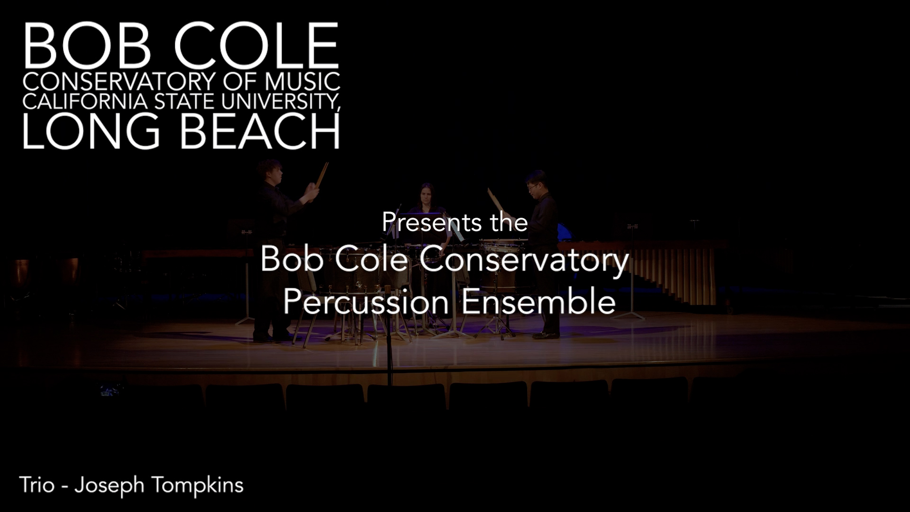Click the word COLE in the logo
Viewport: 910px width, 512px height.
[x=256, y=46]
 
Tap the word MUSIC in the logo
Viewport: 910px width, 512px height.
[x=302, y=82]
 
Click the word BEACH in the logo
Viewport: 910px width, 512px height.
[x=260, y=131]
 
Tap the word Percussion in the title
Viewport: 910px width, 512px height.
[x=365, y=302]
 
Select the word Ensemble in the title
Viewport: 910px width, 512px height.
[x=538, y=302]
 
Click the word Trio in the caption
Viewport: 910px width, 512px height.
[x=36, y=485]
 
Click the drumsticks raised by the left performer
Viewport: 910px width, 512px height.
[x=322, y=174]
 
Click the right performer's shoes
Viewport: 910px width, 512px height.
[x=546, y=335]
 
